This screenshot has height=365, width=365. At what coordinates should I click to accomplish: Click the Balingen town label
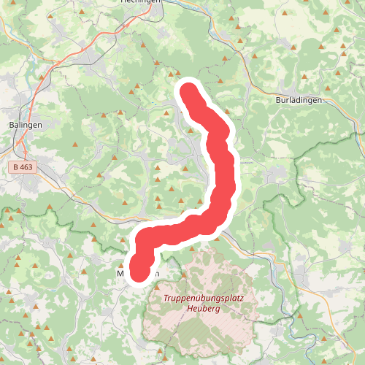[26, 125]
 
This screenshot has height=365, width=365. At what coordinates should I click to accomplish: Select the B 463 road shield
[23, 167]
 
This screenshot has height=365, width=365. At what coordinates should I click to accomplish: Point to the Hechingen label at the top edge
[140, 2]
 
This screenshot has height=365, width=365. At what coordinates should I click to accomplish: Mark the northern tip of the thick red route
[188, 91]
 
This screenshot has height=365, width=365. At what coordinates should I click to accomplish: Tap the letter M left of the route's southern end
[121, 274]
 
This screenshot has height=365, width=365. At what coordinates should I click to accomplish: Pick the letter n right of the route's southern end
[155, 274]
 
